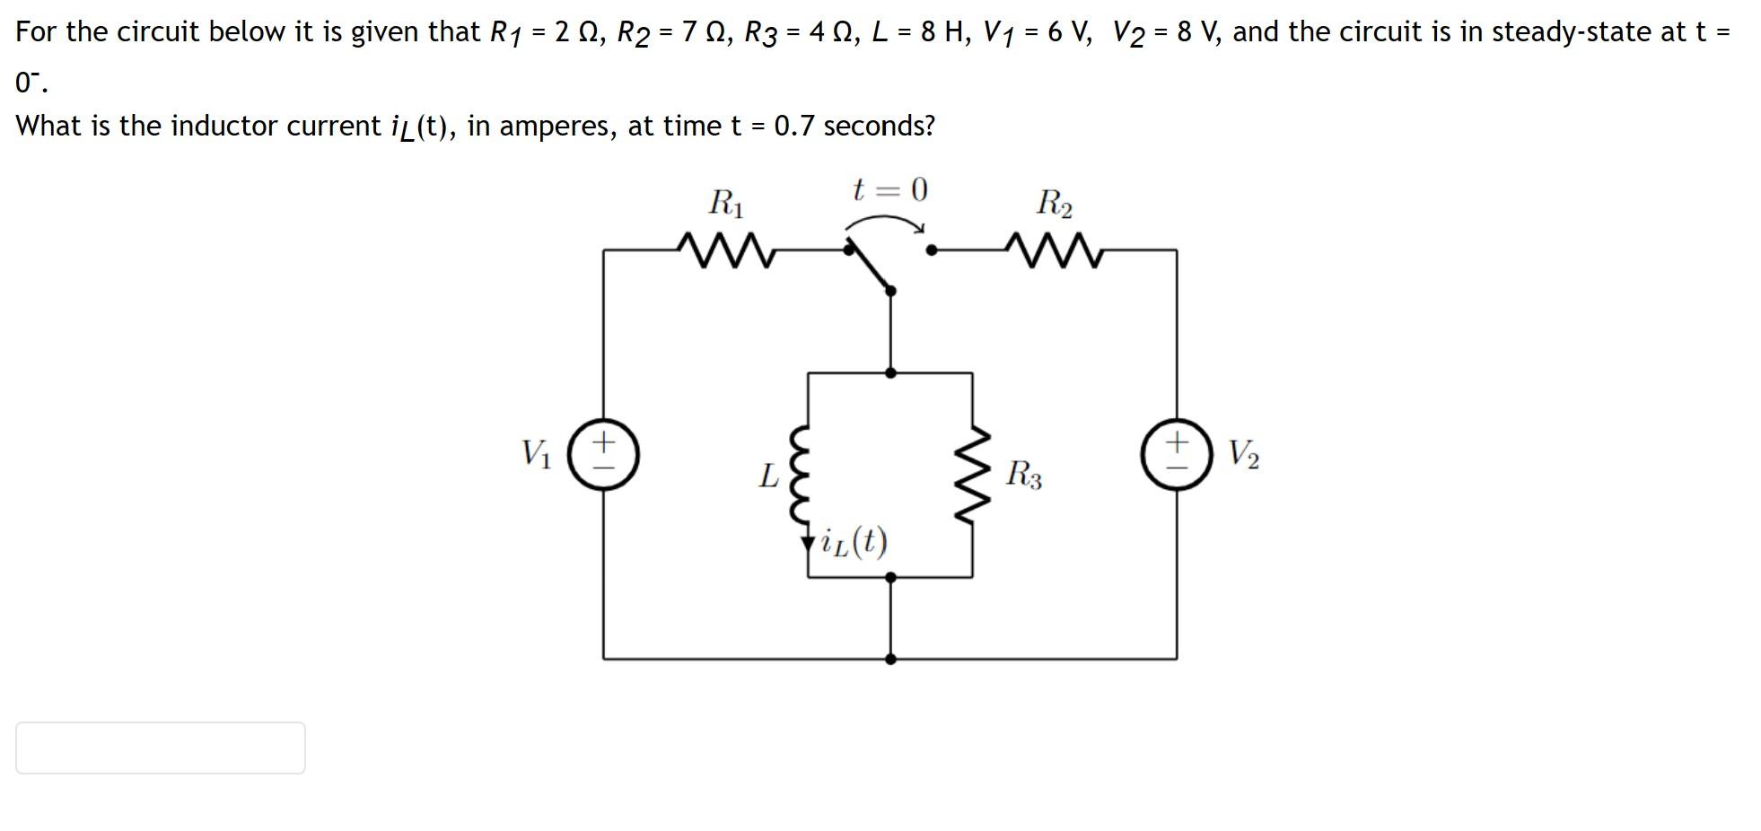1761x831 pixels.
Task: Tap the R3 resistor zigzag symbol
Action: pyautogui.click(x=974, y=475)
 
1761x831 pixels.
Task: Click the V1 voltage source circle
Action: pyautogui.click(x=603, y=454)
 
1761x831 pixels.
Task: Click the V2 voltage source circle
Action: pyautogui.click(x=1176, y=454)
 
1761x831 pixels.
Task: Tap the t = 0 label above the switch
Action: pyautogui.click(x=889, y=190)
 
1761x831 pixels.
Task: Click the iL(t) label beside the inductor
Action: pyautogui.click(x=854, y=542)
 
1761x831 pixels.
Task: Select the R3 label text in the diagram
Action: pyautogui.click(x=1024, y=474)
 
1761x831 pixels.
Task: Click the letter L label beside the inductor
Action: pyautogui.click(x=768, y=476)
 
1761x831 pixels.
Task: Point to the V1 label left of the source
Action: pyautogui.click(x=537, y=453)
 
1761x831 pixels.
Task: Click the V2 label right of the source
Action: pyautogui.click(x=1243, y=454)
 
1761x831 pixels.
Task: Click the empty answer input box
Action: pyautogui.click(x=161, y=748)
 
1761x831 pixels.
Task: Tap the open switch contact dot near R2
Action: pyautogui.click(x=932, y=251)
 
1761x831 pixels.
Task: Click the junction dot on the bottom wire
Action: pyautogui.click(x=890, y=659)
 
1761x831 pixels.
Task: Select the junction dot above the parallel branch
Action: pyautogui.click(x=890, y=372)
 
